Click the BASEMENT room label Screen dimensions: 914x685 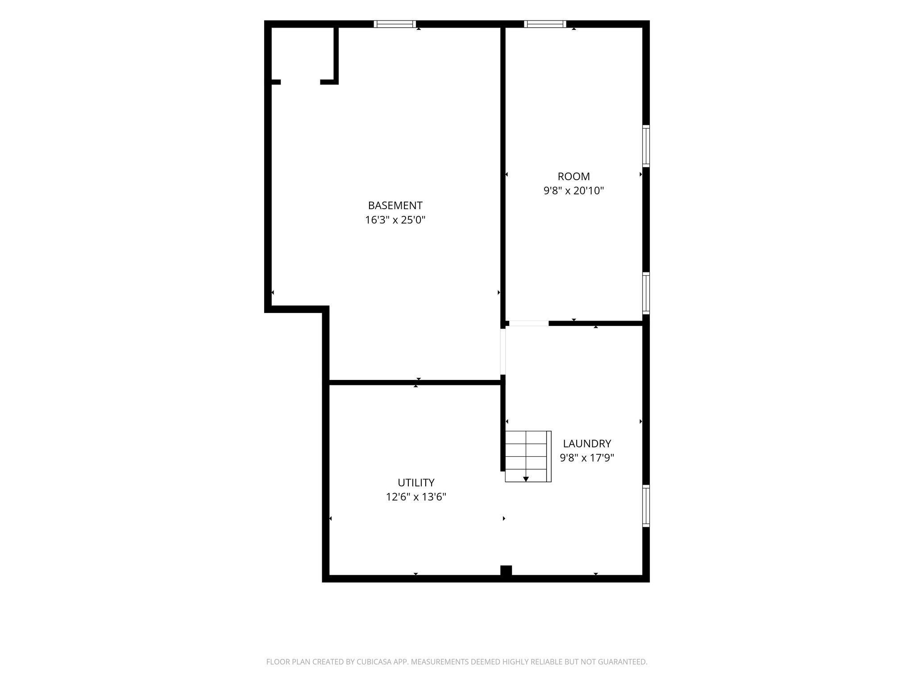[395, 206]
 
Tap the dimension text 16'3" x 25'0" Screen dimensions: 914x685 [395, 220]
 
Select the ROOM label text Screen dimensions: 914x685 [573, 176]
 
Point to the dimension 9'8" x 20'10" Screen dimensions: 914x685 [573, 191]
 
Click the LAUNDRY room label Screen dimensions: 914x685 [587, 443]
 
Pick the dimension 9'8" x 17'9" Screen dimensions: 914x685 [587, 458]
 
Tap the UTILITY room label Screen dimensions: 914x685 [416, 483]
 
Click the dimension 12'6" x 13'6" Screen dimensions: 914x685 [416, 497]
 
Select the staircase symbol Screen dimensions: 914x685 [528, 456]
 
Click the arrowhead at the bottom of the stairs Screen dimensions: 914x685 [526, 479]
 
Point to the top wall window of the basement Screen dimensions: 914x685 [395, 24]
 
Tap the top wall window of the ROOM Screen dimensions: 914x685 [545, 24]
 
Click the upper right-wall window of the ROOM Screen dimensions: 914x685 [646, 146]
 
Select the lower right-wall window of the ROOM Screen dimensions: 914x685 [646, 293]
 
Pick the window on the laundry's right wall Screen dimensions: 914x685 [646, 506]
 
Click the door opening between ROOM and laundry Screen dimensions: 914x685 [529, 323]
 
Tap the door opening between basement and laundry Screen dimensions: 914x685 [503, 351]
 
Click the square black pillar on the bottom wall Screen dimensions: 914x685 [506, 571]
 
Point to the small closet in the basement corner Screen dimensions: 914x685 [303, 54]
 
